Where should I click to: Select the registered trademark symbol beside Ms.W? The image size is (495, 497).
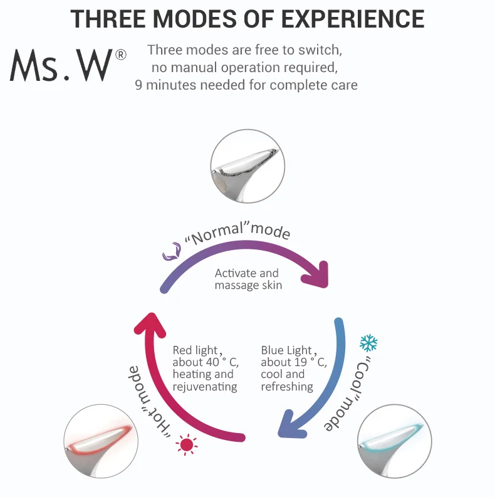tap(121, 55)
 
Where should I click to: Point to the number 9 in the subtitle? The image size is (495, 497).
tap(139, 85)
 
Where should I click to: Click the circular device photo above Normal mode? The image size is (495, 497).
tap(247, 167)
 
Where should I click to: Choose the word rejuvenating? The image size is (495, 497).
tap(205, 387)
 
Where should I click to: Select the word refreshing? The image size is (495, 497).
tap(286, 387)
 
